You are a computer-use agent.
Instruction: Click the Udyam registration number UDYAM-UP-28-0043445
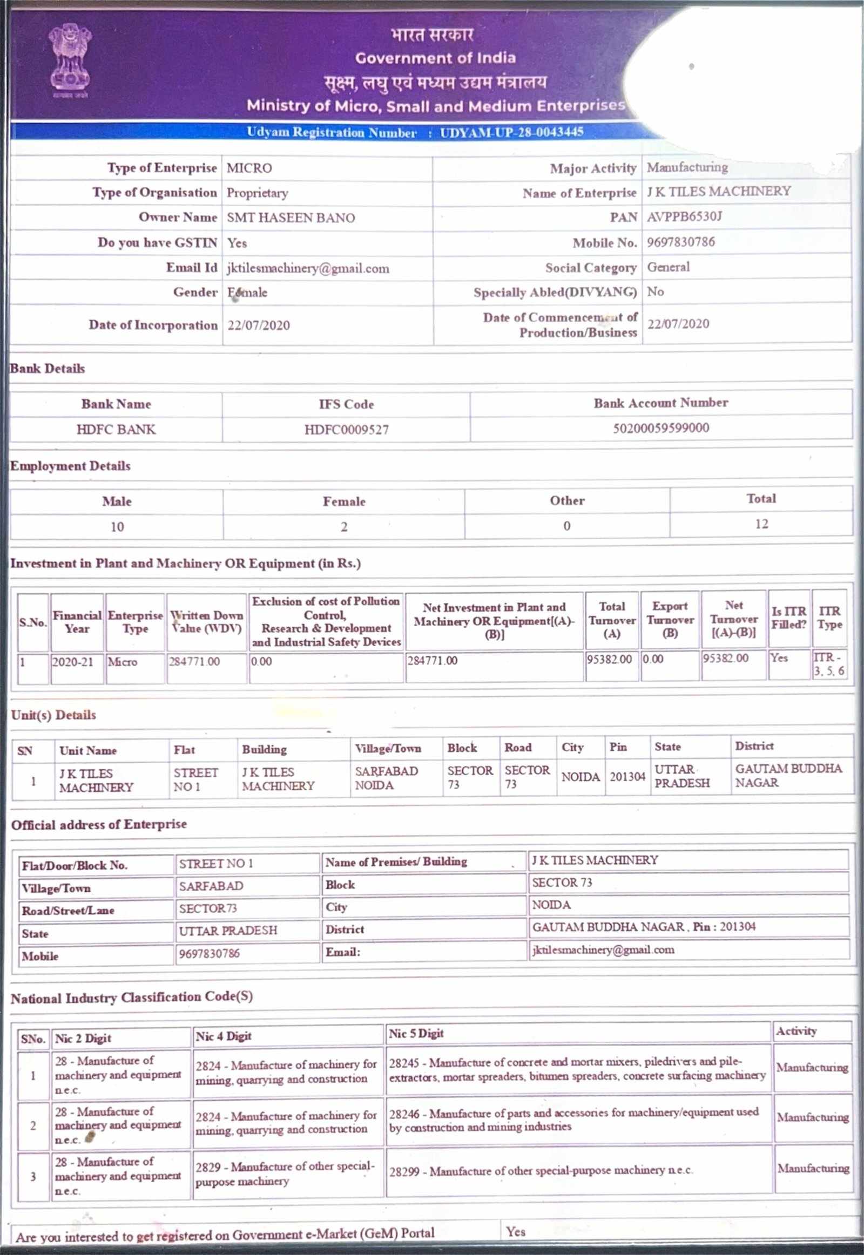point(511,132)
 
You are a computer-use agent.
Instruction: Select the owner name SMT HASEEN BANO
point(291,218)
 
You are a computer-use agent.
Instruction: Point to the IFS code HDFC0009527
point(346,430)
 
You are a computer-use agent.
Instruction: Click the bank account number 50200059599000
point(660,428)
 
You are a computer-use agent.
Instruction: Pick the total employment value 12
point(761,524)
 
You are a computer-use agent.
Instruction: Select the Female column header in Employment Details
point(344,501)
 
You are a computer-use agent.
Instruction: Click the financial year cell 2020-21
point(72,661)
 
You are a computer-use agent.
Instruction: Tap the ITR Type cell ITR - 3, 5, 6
point(829,664)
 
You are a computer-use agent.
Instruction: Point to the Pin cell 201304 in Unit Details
point(627,777)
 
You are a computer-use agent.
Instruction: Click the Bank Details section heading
point(48,369)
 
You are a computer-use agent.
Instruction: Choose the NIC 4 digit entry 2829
point(284,1173)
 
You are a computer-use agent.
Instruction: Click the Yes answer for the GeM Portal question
point(515,1232)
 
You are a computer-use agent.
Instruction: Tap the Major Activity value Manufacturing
point(687,167)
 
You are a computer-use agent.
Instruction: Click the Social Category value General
point(668,267)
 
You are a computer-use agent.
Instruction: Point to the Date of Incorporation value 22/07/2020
point(258,325)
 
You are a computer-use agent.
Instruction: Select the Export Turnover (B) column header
point(670,620)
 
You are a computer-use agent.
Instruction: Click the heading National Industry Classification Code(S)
point(132,998)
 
